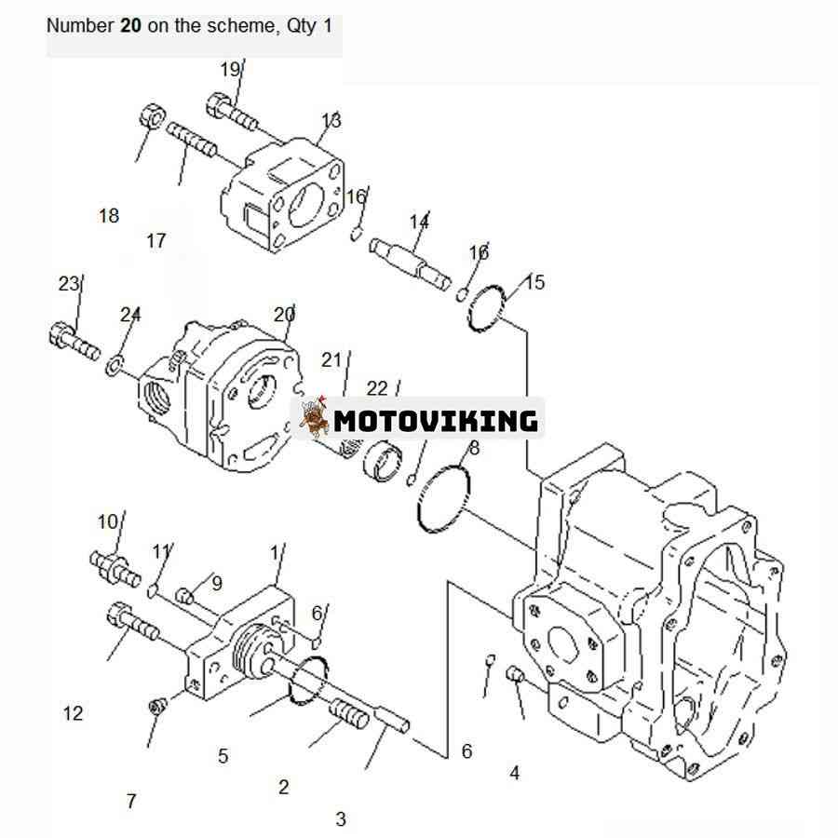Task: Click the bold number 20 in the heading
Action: [130, 25]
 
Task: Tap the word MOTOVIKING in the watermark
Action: [436, 421]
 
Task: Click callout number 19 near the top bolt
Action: [230, 70]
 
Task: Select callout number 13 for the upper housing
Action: [331, 121]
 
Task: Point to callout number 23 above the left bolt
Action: [68, 284]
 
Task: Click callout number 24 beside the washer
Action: [129, 315]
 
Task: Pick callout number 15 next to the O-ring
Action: [534, 281]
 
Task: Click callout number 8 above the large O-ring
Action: [474, 448]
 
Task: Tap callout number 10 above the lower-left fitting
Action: [107, 521]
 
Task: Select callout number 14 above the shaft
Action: [419, 222]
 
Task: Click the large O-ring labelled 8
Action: [443, 499]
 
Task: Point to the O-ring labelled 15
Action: [486, 309]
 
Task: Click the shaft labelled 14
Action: [410, 264]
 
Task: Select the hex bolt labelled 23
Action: [74, 341]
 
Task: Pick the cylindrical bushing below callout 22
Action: [383, 461]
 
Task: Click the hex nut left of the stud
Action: [153, 116]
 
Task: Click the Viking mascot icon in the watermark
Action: [314, 417]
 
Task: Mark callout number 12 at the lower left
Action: [74, 713]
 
